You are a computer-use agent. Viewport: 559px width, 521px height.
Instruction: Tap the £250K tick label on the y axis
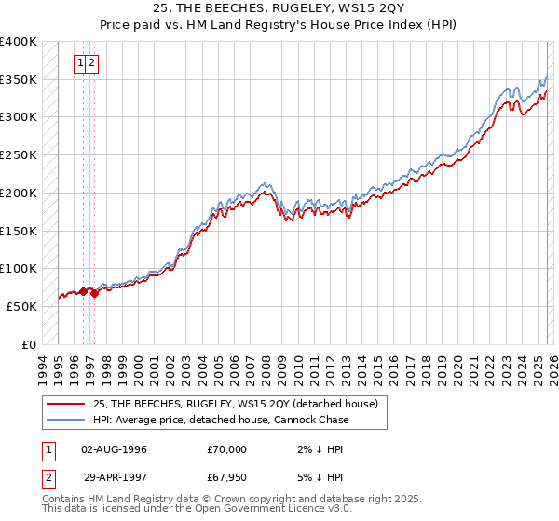(19, 155)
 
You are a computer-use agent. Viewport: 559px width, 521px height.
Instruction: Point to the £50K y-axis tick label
(22, 306)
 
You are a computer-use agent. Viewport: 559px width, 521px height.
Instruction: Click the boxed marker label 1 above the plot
(82, 63)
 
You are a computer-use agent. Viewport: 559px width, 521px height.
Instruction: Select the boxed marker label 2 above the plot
(93, 63)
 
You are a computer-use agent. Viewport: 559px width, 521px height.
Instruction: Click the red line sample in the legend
(66, 404)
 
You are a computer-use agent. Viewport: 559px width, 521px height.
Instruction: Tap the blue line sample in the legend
(66, 420)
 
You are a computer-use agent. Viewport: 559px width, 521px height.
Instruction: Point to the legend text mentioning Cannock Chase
(222, 420)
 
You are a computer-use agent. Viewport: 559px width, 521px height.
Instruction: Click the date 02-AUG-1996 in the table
(114, 449)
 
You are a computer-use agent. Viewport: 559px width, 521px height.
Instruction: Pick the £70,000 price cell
(226, 449)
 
